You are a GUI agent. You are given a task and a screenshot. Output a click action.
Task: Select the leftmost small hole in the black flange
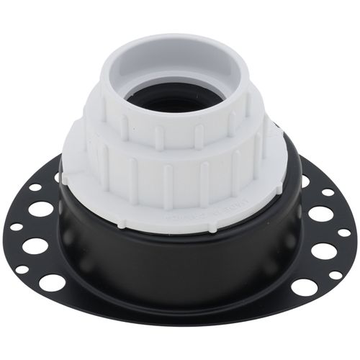(16, 226)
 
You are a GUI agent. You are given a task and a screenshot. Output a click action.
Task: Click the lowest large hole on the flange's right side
(305, 287)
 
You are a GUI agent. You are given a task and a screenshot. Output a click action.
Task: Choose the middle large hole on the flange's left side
(35, 246)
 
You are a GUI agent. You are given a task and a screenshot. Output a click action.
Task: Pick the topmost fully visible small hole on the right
(328, 192)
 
